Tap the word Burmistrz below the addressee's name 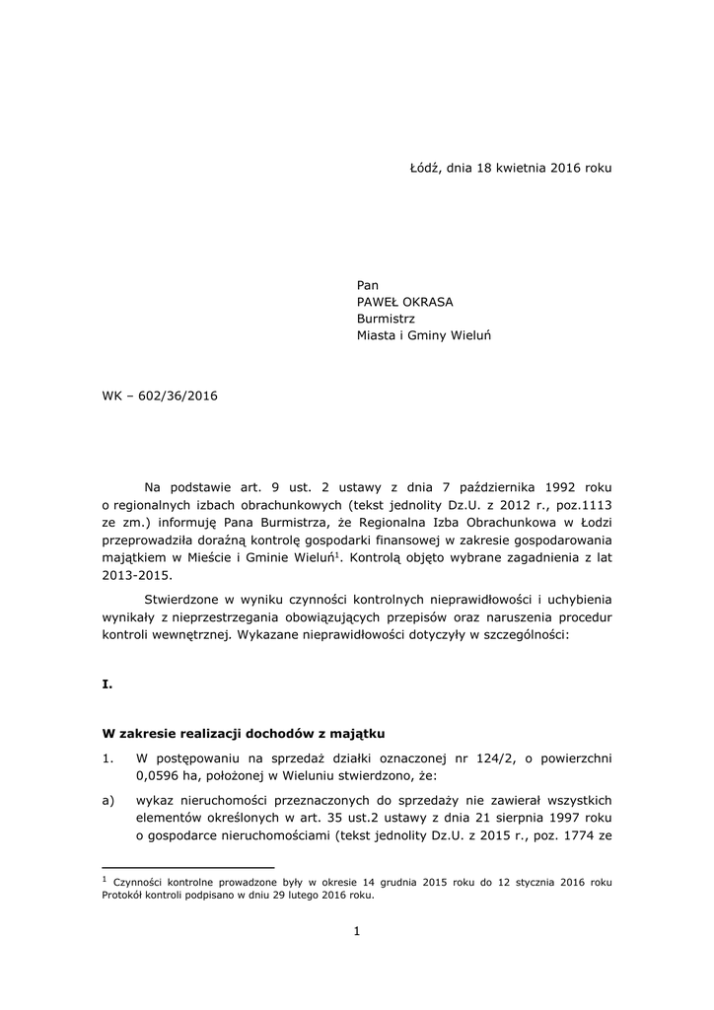pos(386,319)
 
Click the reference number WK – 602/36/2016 pos(160,396)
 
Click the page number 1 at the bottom pos(357,931)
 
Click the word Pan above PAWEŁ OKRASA pos(368,285)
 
